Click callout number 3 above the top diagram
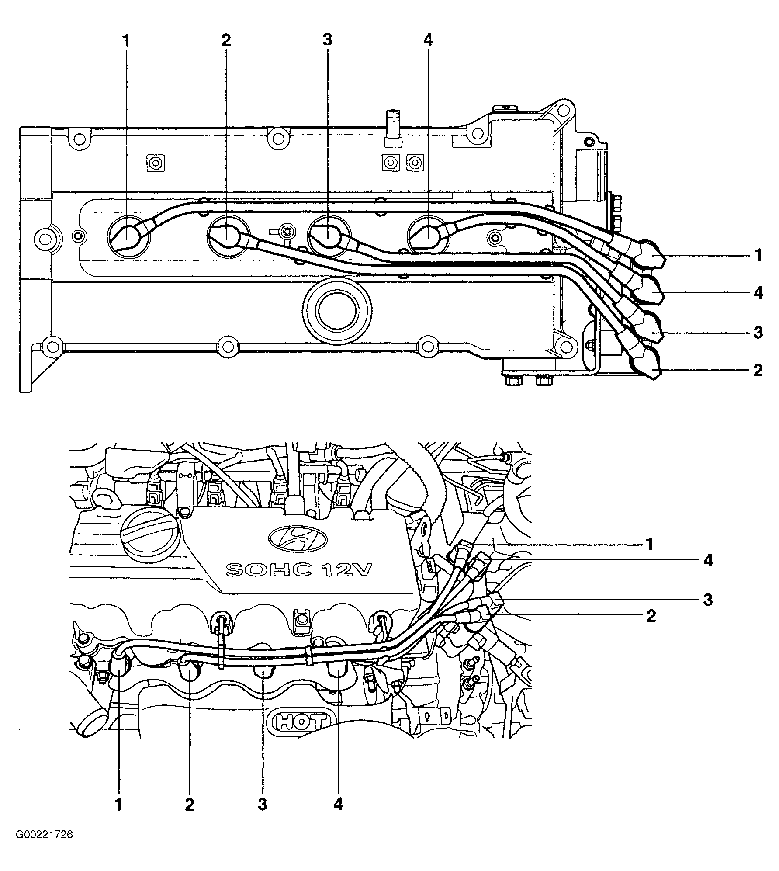pos(327,40)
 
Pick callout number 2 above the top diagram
pos(226,40)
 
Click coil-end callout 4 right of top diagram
pos(758,293)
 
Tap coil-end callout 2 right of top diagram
pos(758,370)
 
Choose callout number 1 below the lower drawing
pos(118,805)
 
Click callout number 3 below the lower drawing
pos(262,805)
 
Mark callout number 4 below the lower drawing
pos(339,805)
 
